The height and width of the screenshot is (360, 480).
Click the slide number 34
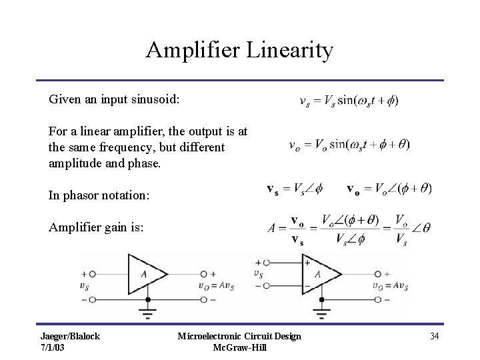tap(434, 336)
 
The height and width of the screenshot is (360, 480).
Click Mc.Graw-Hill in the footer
tap(239, 347)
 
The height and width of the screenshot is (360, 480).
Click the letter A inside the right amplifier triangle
tap(318, 273)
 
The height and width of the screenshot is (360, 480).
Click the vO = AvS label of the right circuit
tap(391, 286)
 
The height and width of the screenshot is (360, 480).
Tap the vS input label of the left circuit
tap(84, 286)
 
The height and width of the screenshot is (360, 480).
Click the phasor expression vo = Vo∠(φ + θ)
tap(389, 189)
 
